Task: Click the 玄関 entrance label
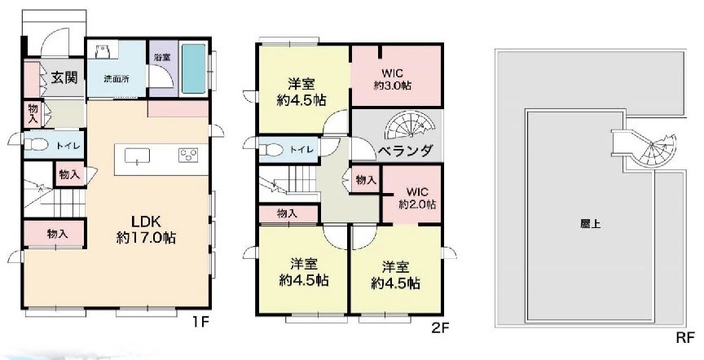(x=64, y=78)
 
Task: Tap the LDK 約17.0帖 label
(x=144, y=229)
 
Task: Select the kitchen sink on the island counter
(x=136, y=156)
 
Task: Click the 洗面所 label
(x=116, y=79)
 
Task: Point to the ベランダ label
(x=404, y=151)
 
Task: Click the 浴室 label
(x=161, y=57)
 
